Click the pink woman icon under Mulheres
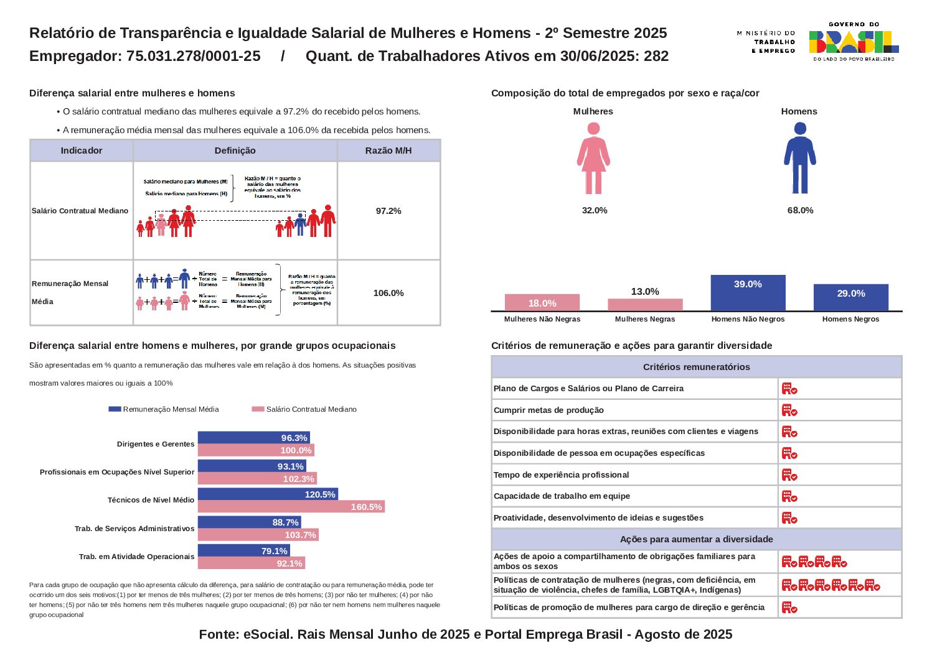(593, 158)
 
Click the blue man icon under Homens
(800, 158)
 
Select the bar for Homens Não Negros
(748, 292)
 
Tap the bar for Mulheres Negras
(645, 305)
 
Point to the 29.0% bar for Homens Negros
(850, 297)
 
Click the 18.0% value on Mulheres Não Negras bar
(542, 304)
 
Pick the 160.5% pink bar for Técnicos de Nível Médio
(291, 507)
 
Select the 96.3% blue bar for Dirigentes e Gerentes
(253, 438)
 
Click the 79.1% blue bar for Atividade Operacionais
(243, 551)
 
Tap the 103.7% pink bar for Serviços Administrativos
(258, 535)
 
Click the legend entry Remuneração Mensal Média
(164, 409)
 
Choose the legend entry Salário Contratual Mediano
(304, 409)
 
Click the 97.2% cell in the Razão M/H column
(388, 211)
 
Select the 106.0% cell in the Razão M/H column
(388, 293)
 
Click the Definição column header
(235, 151)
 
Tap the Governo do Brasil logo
(854, 42)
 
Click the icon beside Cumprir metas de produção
(789, 410)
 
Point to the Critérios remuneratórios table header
(696, 367)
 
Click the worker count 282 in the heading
(656, 56)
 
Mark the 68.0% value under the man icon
(800, 210)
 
